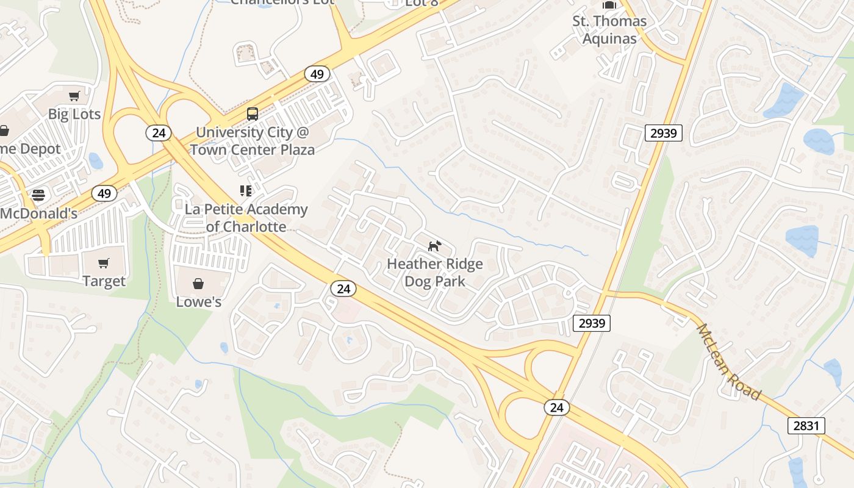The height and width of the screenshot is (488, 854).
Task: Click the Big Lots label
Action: tap(74, 114)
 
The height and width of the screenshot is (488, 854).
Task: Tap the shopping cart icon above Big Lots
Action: tap(74, 96)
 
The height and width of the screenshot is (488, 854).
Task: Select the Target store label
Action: tap(104, 281)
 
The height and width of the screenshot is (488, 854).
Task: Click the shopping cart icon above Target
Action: tap(104, 264)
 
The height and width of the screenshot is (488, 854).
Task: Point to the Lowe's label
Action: tap(198, 302)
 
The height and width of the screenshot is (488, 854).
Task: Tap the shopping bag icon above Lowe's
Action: tap(198, 284)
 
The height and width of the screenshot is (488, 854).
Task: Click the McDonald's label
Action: tap(38, 213)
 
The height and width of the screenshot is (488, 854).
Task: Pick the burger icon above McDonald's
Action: tap(38, 195)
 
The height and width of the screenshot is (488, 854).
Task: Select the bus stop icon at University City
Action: tap(252, 113)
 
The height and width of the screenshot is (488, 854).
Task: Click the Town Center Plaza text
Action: tap(252, 149)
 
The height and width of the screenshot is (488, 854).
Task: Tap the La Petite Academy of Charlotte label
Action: tap(246, 218)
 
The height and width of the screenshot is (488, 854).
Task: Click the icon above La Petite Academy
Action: tap(246, 191)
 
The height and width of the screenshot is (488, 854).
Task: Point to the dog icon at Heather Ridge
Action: tap(434, 246)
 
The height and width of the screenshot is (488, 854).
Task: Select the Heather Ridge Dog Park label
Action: tap(434, 273)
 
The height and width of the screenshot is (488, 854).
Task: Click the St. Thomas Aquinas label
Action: tap(609, 30)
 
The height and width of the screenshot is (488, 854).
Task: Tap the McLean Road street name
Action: tap(729, 362)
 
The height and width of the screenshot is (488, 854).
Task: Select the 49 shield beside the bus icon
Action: tap(317, 74)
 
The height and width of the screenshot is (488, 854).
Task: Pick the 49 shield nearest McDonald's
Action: tap(104, 194)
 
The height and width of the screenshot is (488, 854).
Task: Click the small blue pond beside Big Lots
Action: tap(96, 160)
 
